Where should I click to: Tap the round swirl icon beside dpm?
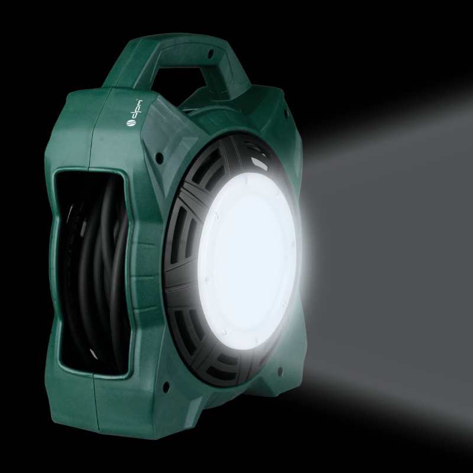click(x=131, y=123)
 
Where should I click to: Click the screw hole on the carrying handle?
click(x=210, y=54)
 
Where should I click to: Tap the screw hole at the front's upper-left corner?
click(x=160, y=158)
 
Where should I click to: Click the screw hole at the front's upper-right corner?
click(x=286, y=113)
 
